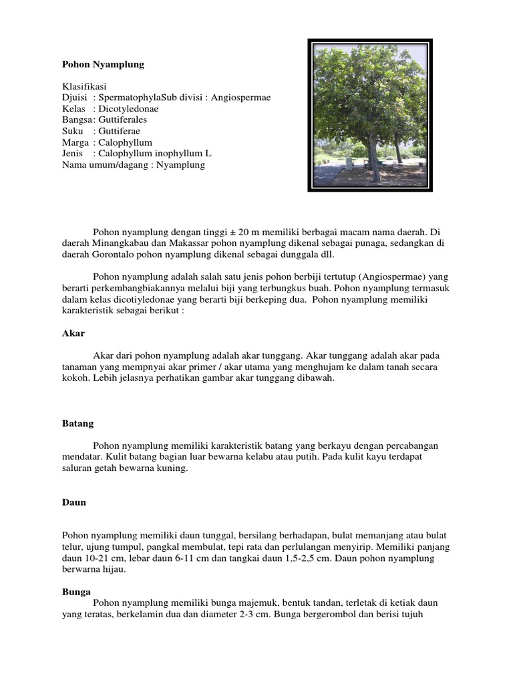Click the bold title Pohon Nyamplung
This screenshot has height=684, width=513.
point(103,65)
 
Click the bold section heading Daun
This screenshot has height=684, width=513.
point(73,502)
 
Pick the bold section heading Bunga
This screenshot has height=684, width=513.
point(76,592)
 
